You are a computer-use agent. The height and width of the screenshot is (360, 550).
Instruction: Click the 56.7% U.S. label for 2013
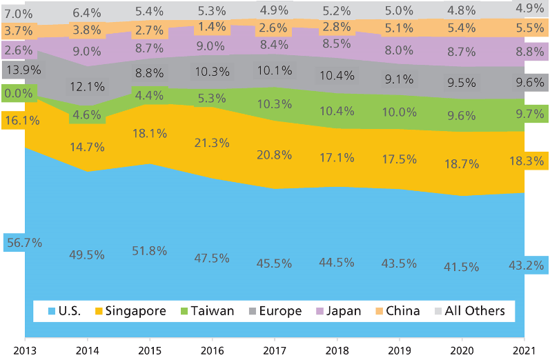click(x=23, y=243)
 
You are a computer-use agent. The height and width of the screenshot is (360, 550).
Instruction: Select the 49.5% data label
click(x=87, y=255)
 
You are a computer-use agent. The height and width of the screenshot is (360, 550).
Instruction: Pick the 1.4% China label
click(x=213, y=27)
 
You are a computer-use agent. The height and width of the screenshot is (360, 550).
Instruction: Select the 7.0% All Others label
click(x=18, y=13)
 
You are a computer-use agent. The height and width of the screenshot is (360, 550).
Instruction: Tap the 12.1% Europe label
click(x=87, y=87)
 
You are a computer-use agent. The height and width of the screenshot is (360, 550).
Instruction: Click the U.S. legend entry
click(x=63, y=311)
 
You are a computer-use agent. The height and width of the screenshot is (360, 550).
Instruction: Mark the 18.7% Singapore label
click(x=462, y=162)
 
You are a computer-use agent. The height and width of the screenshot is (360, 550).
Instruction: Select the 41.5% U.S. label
click(x=462, y=267)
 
